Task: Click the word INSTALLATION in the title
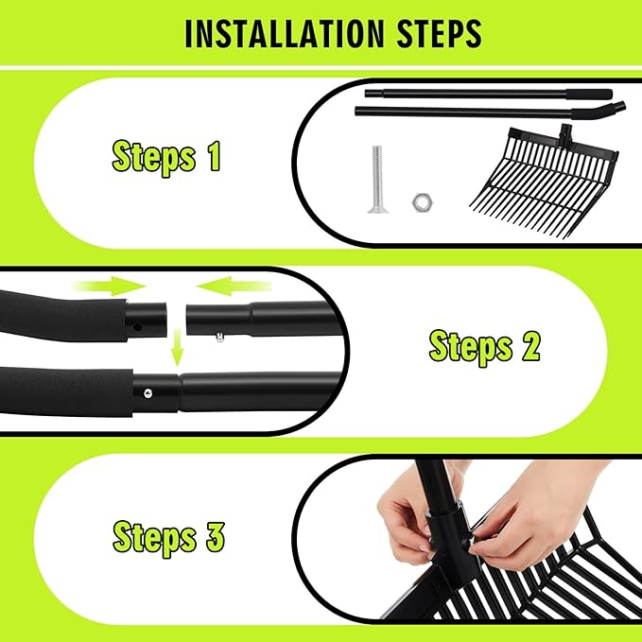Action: pyautogui.click(x=285, y=34)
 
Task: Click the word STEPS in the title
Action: pyautogui.click(x=440, y=34)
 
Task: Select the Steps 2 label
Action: pyautogui.click(x=484, y=347)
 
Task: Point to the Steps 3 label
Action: pyautogui.click(x=168, y=538)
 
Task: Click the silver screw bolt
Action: pyautogui.click(x=377, y=180)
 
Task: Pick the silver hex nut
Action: pyautogui.click(x=423, y=202)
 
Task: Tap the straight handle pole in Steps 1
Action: pyautogui.click(x=489, y=94)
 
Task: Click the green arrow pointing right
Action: pyautogui.click(x=110, y=286)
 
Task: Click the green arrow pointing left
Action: pyautogui.click(x=234, y=286)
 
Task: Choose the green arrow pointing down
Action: pyautogui.click(x=177, y=347)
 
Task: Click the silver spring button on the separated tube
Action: pyautogui.click(x=220, y=338)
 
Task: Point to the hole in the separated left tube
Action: pyautogui.click(x=138, y=327)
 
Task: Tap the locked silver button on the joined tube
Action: pyautogui.click(x=147, y=394)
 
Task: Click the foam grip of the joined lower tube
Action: pyautogui.click(x=66, y=391)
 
